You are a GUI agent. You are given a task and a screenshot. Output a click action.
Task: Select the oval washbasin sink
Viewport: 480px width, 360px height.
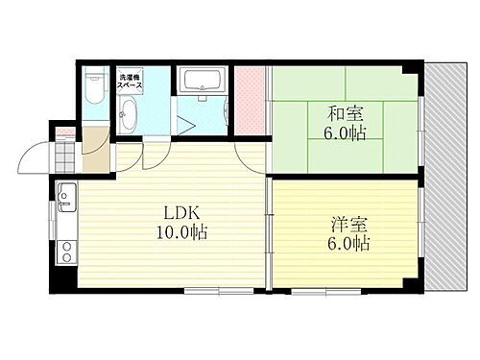pyautogui.click(x=129, y=118)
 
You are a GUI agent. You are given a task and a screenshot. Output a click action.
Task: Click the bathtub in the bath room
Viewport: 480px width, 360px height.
pyautogui.click(x=202, y=81)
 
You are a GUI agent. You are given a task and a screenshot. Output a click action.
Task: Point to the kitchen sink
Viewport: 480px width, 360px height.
pyautogui.click(x=65, y=199)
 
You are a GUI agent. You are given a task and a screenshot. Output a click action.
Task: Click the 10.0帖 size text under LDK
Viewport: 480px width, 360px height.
pyautogui.click(x=180, y=232)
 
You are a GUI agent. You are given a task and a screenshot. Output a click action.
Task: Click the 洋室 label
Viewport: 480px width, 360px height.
pyautogui.click(x=346, y=225)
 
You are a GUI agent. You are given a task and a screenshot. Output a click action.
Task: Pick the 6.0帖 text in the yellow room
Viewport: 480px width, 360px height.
pyautogui.click(x=346, y=245)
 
